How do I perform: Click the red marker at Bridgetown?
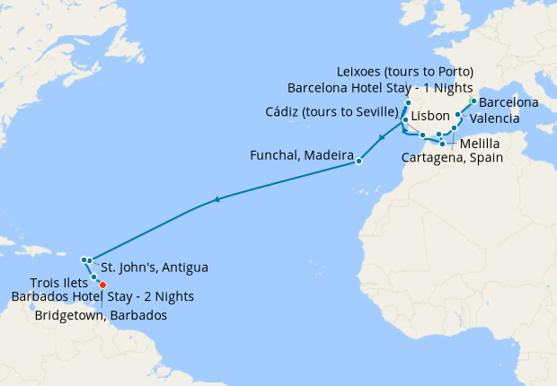tap(102, 285)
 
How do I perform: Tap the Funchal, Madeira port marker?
tap(358, 162)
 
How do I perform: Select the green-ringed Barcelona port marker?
tap(473, 101)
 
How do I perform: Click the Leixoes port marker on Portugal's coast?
tap(408, 103)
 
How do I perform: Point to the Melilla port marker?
tap(442, 144)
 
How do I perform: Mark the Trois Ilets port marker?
tap(94, 277)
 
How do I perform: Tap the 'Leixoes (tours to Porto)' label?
tap(404, 71)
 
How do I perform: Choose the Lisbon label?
tap(429, 117)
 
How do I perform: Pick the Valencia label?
tap(493, 118)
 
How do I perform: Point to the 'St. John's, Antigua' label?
tap(154, 267)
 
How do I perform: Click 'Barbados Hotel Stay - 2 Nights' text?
tap(102, 297)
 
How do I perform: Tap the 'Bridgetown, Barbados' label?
tap(101, 315)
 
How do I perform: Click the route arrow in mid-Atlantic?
tap(217, 200)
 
